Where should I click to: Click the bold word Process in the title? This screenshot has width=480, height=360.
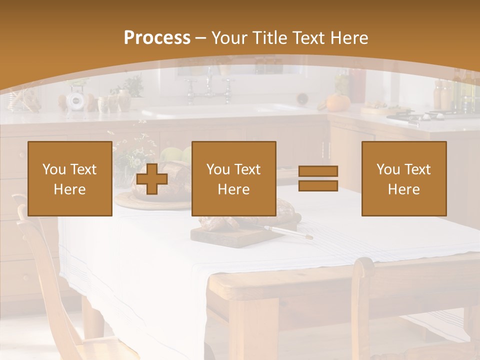pyautogui.click(x=157, y=38)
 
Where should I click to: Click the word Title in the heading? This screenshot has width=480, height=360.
pyautogui.click(x=270, y=38)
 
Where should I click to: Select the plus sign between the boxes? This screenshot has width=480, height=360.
pyautogui.click(x=152, y=178)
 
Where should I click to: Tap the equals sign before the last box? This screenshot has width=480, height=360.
pyautogui.click(x=318, y=178)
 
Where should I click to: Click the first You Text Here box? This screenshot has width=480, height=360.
pyautogui.click(x=70, y=178)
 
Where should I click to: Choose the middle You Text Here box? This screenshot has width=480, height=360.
pyautogui.click(x=233, y=178)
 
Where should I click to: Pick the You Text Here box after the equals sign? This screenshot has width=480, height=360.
pyautogui.click(x=403, y=178)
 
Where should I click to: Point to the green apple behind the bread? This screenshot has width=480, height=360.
pyautogui.click(x=169, y=154)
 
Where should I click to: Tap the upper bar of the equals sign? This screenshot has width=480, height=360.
pyautogui.click(x=318, y=171)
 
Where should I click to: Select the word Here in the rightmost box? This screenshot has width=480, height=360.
pyautogui.click(x=403, y=189)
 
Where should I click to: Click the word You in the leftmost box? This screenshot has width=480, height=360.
pyautogui.click(x=53, y=169)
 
